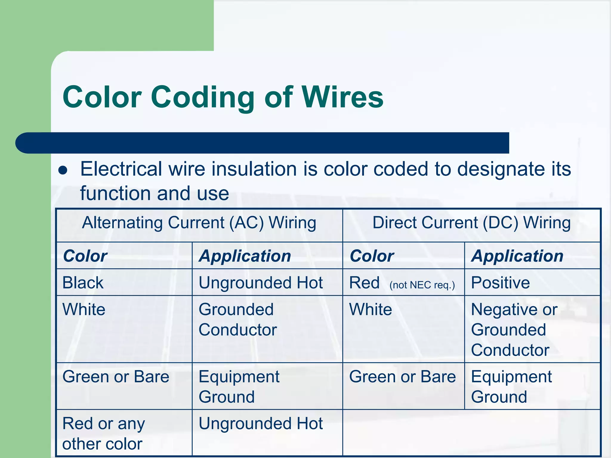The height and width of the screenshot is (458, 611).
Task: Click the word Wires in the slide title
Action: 342,97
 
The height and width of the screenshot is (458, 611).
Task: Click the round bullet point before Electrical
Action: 63,170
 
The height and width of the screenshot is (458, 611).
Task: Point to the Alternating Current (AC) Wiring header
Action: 199,223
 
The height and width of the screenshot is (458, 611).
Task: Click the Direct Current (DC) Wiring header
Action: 471,223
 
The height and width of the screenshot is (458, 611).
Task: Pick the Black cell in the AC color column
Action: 83,283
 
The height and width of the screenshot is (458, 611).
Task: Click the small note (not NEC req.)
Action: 422,285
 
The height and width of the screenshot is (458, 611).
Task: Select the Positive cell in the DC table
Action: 500,283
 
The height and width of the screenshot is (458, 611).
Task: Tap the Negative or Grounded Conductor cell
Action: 514,329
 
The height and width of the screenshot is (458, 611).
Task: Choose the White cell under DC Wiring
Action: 371,310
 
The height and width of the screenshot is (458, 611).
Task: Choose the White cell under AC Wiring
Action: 84,310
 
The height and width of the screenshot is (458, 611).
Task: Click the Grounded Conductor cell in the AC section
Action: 238,320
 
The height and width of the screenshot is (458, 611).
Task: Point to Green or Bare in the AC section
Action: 116,377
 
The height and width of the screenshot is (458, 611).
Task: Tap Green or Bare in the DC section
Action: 402,377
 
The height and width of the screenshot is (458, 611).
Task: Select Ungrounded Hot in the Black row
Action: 260,283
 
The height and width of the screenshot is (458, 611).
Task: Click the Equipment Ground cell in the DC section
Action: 511,387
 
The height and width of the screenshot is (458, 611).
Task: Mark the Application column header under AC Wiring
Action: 245,256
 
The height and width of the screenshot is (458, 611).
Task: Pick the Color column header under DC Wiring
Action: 372,256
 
